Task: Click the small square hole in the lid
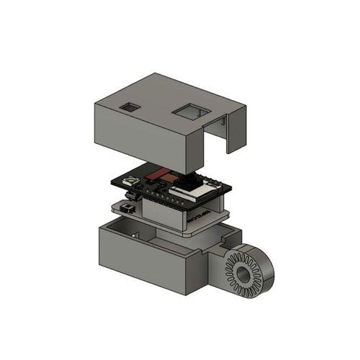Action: pyautogui.click(x=131, y=107)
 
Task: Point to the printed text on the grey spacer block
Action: pyautogui.click(x=202, y=215)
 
